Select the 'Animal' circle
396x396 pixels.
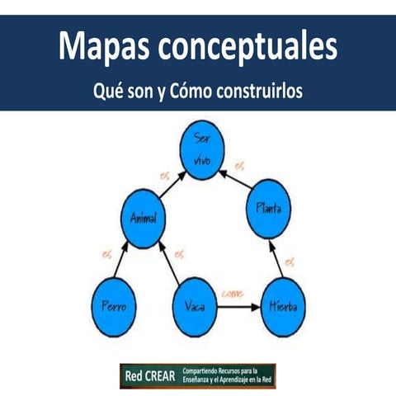[x=144, y=218]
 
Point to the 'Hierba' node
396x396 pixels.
[x=284, y=306]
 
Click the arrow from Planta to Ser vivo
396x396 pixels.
[x=234, y=177]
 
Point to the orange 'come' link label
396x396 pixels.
[x=233, y=293]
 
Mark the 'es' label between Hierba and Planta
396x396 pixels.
[x=289, y=262]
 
